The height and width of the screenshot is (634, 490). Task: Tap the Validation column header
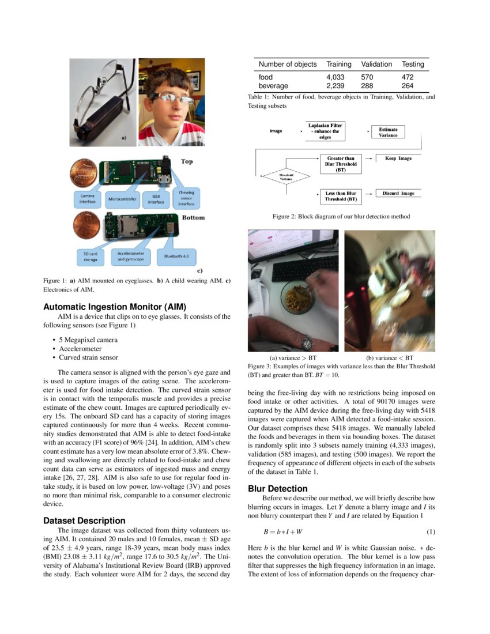coord(376,64)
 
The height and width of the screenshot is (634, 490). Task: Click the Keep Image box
coord(398,158)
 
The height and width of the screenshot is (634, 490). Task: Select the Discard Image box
coord(398,193)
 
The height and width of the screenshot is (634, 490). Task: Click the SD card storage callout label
coord(89,256)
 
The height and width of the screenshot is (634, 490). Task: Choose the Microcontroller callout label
coord(124,201)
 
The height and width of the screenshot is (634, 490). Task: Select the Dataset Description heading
coord(84,520)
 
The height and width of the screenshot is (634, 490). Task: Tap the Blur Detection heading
coord(278,489)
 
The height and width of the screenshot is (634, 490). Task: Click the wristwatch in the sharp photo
coord(307,343)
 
